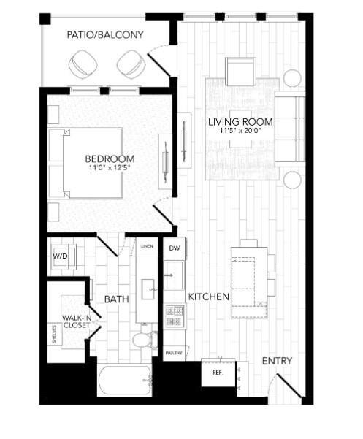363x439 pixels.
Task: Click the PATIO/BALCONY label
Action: (105, 34)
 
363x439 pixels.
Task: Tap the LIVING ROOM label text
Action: (240, 121)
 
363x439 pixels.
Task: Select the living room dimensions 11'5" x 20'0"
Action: (240, 131)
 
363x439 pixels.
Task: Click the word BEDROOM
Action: (110, 159)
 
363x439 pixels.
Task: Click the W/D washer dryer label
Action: (59, 257)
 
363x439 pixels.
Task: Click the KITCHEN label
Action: (209, 297)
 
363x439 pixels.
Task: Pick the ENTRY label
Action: (277, 361)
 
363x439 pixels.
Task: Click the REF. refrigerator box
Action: (218, 373)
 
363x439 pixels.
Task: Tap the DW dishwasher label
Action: (174, 249)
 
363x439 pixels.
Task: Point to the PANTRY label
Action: (174, 353)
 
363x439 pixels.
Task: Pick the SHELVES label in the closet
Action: (53, 335)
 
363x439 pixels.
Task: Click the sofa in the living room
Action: (290, 129)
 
